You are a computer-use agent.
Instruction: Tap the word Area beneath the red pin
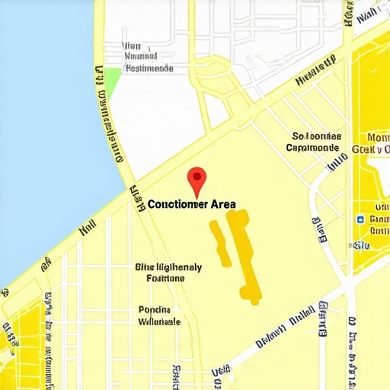218,204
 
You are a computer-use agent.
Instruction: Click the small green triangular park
112,80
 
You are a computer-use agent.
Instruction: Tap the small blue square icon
360,219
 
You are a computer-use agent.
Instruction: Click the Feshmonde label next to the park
149,68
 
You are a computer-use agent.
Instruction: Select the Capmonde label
313,148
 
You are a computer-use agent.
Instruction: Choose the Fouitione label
165,279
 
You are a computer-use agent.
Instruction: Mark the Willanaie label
159,321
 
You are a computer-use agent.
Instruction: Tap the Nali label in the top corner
367,14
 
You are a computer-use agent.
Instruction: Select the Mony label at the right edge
377,138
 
